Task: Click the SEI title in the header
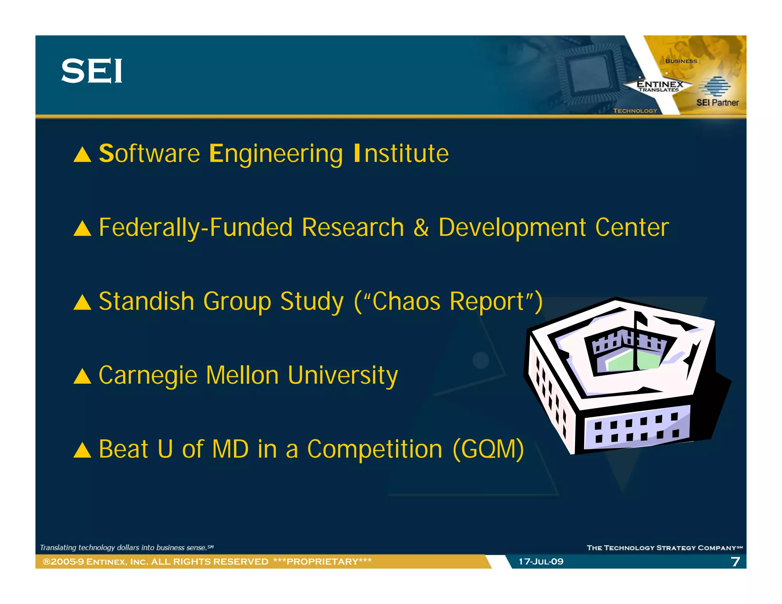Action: tap(92, 71)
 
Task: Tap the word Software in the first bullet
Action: tap(149, 153)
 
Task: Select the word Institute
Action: tap(401, 153)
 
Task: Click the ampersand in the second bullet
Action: tap(421, 228)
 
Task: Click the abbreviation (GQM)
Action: tap(488, 449)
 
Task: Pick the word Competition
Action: tap(375, 449)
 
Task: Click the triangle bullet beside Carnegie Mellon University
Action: tap(82, 376)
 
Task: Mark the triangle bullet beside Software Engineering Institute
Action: tap(82, 155)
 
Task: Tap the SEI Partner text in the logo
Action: tap(717, 102)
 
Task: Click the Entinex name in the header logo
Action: tap(659, 84)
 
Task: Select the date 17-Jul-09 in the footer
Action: tap(541, 561)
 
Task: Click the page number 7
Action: tap(735, 561)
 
